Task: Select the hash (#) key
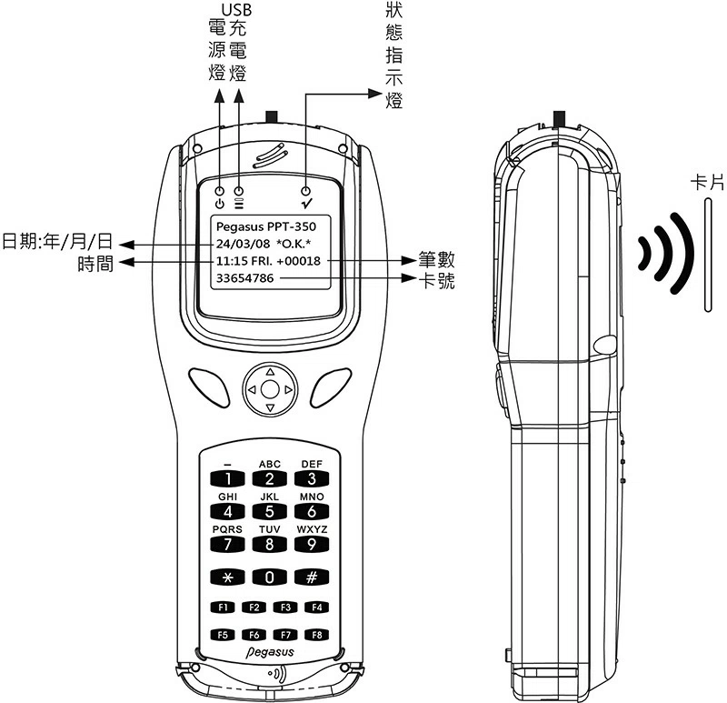pyautogui.click(x=311, y=577)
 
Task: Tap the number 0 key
pyautogui.click(x=269, y=577)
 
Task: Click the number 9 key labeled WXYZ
pyautogui.click(x=311, y=545)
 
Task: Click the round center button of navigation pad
pyautogui.click(x=269, y=389)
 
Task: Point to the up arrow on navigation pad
pyautogui.click(x=269, y=371)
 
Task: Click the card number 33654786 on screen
pyautogui.click(x=244, y=277)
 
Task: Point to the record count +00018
pyautogui.click(x=301, y=261)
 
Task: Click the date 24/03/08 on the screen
pyautogui.click(x=243, y=244)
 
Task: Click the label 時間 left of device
pyautogui.click(x=96, y=263)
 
